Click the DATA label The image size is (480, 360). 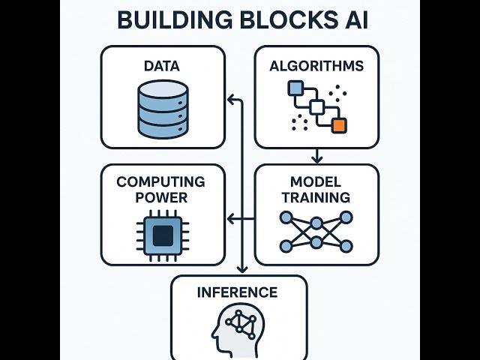pos(162,66)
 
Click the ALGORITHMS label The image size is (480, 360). pos(316,66)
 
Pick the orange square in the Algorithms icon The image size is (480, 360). pos(340,125)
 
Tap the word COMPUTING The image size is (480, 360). pos(162,182)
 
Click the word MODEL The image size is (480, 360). pos(316,182)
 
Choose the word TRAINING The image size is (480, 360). pos(316,198)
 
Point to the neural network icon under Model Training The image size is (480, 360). pos(316,232)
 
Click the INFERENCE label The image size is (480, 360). pos(238,292)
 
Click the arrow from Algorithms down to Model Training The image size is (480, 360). pos(316,156)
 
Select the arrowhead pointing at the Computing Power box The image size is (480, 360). pos(231,218)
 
